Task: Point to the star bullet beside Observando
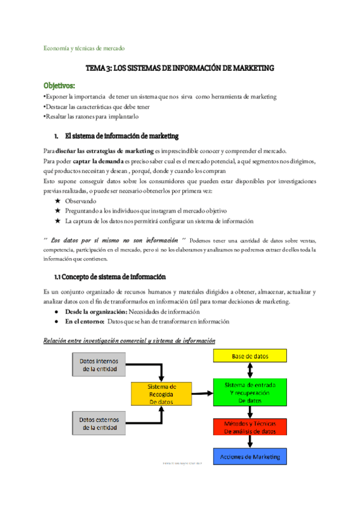[x=58, y=201]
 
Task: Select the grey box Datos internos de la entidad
[x=99, y=365]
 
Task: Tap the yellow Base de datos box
[x=250, y=356]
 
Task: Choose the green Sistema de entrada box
[x=250, y=392]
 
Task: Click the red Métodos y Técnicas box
[x=250, y=427]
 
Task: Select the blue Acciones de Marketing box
[x=250, y=457]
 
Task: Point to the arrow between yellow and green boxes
[x=251, y=371]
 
